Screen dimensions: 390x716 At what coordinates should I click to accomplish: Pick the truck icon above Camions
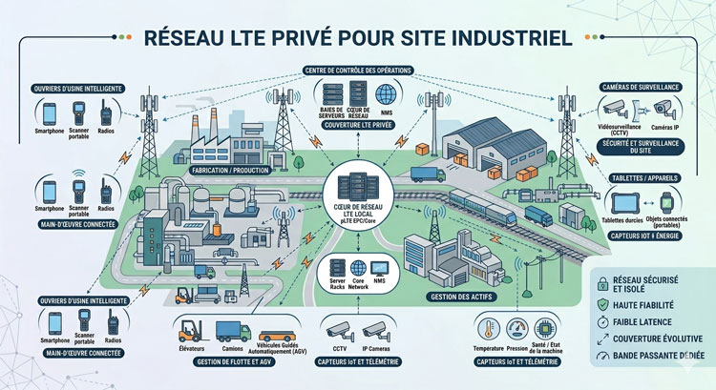(x=233, y=332)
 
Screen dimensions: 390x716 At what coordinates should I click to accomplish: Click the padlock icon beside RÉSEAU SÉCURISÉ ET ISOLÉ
(x=601, y=280)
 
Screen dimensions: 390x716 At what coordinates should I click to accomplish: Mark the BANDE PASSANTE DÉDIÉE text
(x=660, y=357)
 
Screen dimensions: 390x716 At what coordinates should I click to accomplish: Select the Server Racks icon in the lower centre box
(x=336, y=268)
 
